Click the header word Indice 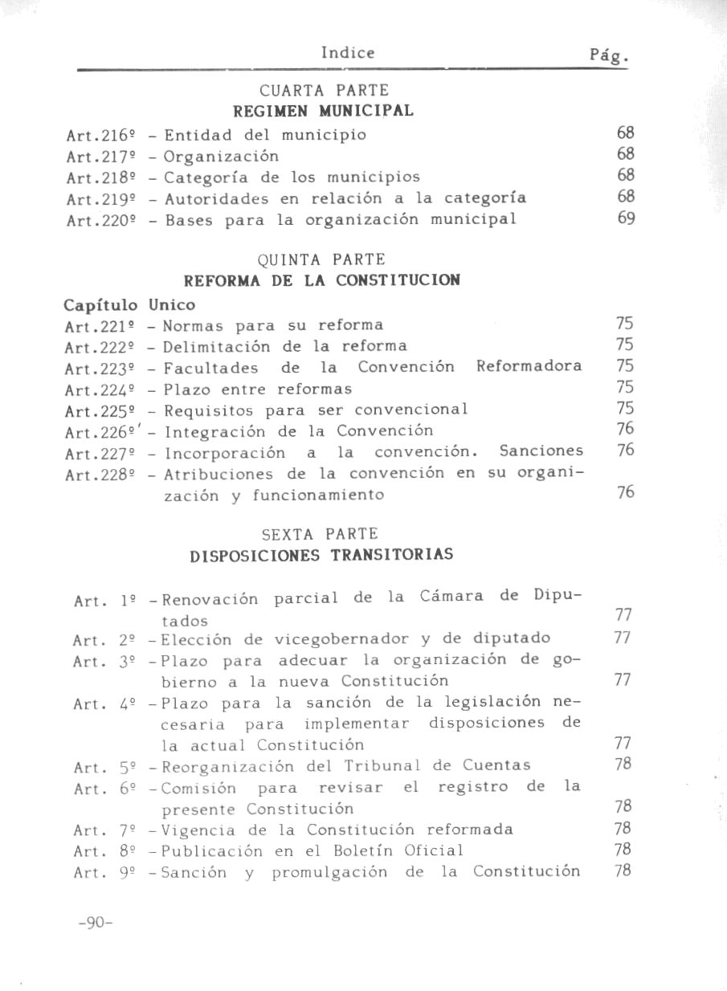(x=347, y=53)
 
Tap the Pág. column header (x=607, y=56)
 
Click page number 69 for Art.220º (x=627, y=218)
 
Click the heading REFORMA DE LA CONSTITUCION (x=322, y=281)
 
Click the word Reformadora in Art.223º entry (x=529, y=367)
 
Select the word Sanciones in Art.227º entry (x=541, y=451)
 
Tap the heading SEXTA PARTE (x=320, y=534)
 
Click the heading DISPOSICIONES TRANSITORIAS (x=321, y=555)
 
